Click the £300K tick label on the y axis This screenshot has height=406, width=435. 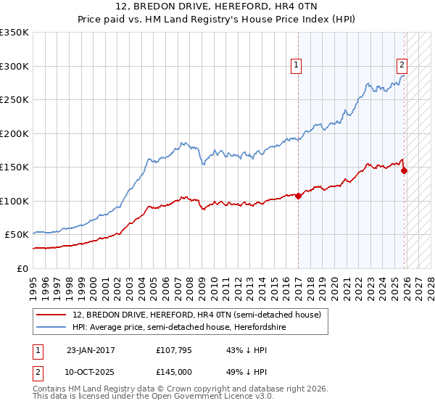point(14,66)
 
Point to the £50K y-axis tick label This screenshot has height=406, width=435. point(17,235)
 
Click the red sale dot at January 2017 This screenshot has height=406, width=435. point(298,196)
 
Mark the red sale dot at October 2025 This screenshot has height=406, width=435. point(404,170)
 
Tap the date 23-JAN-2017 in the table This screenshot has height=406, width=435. point(91,350)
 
